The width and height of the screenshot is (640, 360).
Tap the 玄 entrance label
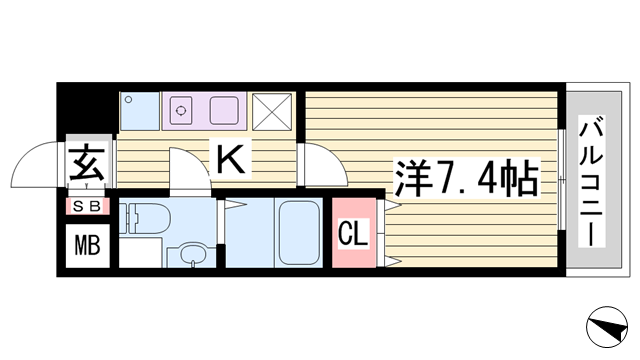click(87, 162)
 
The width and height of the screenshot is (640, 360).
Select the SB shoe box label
click(87, 207)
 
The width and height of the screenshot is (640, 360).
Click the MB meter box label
click(87, 246)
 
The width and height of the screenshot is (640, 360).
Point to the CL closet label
click(353, 233)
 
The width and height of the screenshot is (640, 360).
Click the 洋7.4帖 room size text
click(466, 178)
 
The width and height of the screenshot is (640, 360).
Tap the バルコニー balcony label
click(591, 182)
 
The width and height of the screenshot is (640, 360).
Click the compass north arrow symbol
click(607, 327)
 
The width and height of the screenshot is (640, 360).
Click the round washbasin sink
click(193, 254)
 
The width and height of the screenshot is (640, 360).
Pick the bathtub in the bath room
click(299, 233)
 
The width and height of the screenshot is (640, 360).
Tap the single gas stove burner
click(181, 110)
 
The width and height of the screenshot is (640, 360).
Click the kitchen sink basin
click(224, 110)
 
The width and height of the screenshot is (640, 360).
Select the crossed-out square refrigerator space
click(272, 112)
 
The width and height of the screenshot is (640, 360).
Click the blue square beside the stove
click(140, 111)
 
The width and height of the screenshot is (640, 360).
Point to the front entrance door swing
click(36, 165)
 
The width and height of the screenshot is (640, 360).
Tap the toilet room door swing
click(190, 168)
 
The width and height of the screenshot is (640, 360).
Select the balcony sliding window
click(562, 180)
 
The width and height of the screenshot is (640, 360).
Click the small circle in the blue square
click(129, 99)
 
